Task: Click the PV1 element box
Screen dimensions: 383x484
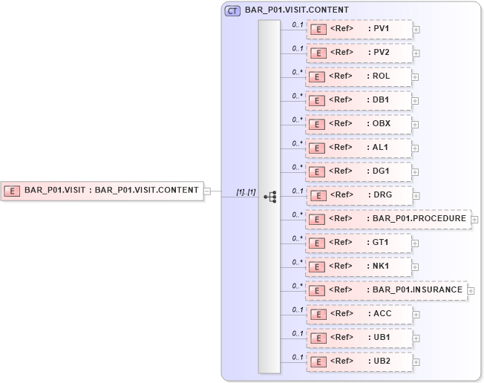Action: coord(359,30)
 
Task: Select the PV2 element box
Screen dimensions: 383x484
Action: coord(359,53)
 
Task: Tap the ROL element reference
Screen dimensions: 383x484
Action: coord(359,77)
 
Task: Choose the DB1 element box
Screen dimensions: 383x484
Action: coord(359,100)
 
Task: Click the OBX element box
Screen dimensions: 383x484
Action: coord(359,124)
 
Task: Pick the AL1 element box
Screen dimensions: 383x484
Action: coord(359,148)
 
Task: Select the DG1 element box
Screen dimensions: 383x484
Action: coord(359,171)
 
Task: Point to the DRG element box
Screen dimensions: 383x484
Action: coord(359,195)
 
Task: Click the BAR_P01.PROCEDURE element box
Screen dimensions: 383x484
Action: coord(388,219)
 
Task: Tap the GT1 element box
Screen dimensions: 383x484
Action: coord(359,243)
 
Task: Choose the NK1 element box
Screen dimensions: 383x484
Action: coord(359,266)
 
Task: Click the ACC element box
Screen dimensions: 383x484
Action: coord(359,314)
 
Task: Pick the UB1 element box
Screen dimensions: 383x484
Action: coord(359,338)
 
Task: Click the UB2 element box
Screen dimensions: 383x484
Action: coord(359,361)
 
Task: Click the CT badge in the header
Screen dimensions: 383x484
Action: coord(232,10)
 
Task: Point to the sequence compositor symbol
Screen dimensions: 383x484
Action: coord(269,196)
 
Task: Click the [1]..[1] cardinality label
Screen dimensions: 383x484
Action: coord(246,192)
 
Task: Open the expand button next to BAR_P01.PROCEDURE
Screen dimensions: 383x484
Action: coord(475,220)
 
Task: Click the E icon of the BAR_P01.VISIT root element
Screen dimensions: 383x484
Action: coord(12,191)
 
